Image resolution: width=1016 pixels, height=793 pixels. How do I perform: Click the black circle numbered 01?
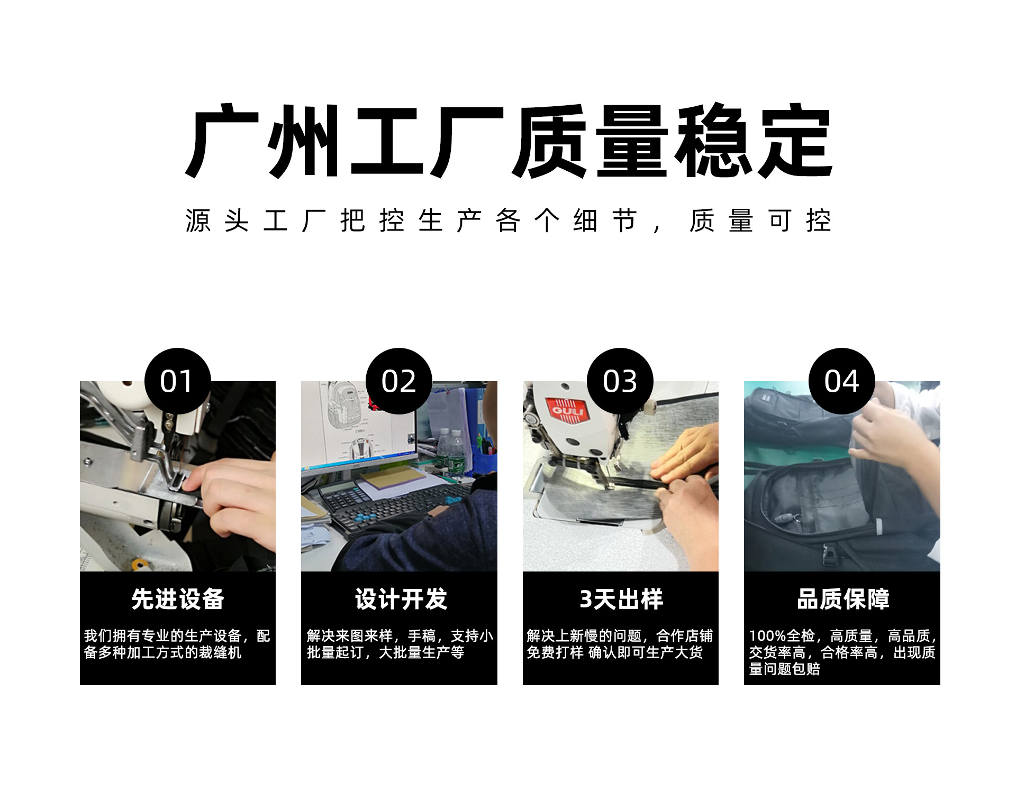pos(177,381)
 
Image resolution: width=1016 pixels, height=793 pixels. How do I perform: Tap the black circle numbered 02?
pos(398,381)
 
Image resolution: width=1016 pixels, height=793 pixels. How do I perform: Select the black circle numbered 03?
pos(620,381)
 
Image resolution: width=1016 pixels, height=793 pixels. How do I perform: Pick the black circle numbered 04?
pos(841,381)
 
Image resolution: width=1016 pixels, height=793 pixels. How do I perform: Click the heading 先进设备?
pos(178,599)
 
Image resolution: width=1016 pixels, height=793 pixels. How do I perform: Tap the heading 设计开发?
pos(401,599)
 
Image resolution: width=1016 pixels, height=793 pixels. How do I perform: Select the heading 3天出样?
pos(621,599)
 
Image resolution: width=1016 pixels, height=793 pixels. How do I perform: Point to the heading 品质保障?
pos(842,599)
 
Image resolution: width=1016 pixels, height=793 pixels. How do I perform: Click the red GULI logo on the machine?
pos(567,411)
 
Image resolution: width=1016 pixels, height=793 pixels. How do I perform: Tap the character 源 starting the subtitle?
pos(198,220)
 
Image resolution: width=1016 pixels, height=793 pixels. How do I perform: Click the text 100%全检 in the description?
pos(781,635)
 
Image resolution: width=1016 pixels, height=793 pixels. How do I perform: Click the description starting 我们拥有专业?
pos(177,644)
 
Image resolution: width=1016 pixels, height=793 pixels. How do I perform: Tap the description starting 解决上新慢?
pos(620,644)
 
